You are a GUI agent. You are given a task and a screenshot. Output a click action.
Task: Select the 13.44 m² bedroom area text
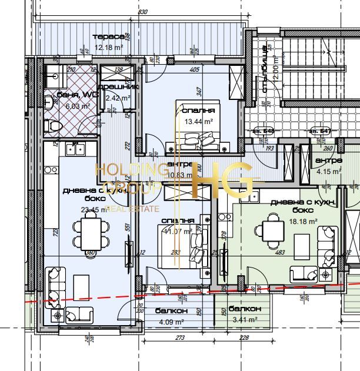coord(198,122)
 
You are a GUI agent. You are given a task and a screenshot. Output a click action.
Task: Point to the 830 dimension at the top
coord(142,12)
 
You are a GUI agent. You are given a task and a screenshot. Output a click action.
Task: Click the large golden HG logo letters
coord(222,179)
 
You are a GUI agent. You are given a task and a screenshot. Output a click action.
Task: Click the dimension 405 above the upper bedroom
coord(195,69)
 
